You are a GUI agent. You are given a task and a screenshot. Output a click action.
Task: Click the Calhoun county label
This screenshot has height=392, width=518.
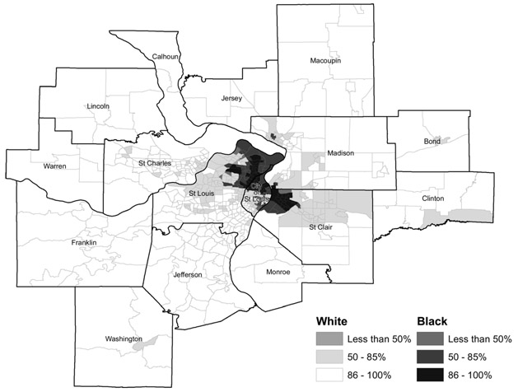(x=166, y=57)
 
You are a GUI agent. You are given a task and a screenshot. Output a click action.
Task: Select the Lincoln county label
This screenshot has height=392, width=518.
(x=98, y=106)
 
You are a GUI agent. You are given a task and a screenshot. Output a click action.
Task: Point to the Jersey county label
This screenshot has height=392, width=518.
(x=232, y=98)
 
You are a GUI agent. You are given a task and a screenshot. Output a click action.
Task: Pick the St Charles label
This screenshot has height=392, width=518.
(x=155, y=163)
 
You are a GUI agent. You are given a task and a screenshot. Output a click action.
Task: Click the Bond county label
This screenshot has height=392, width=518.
(x=432, y=141)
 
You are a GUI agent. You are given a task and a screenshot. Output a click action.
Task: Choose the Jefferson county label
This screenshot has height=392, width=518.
(x=189, y=273)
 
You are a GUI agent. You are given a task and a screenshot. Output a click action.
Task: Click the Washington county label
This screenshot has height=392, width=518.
(x=123, y=338)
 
